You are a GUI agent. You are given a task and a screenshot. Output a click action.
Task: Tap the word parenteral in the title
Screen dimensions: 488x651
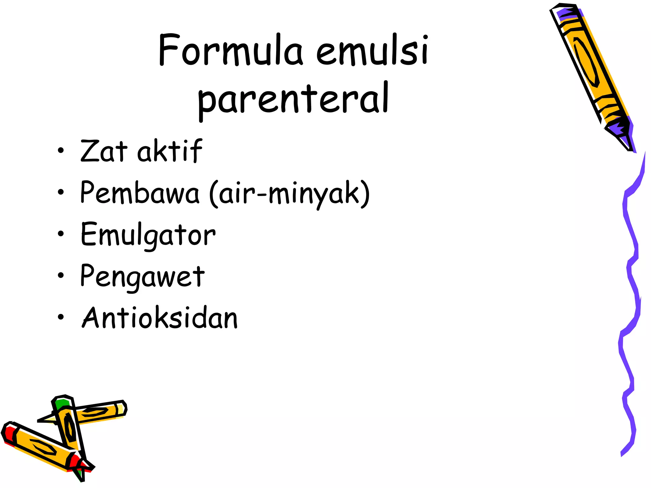tap(293, 99)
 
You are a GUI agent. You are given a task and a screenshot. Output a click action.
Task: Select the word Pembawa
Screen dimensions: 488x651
tap(140, 193)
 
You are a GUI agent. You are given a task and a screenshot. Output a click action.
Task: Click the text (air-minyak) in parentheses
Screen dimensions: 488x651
tap(290, 193)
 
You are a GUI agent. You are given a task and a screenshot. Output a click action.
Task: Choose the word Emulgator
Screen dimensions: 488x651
tap(148, 235)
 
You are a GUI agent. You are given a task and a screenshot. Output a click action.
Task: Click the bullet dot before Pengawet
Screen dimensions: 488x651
tap(61, 275)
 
